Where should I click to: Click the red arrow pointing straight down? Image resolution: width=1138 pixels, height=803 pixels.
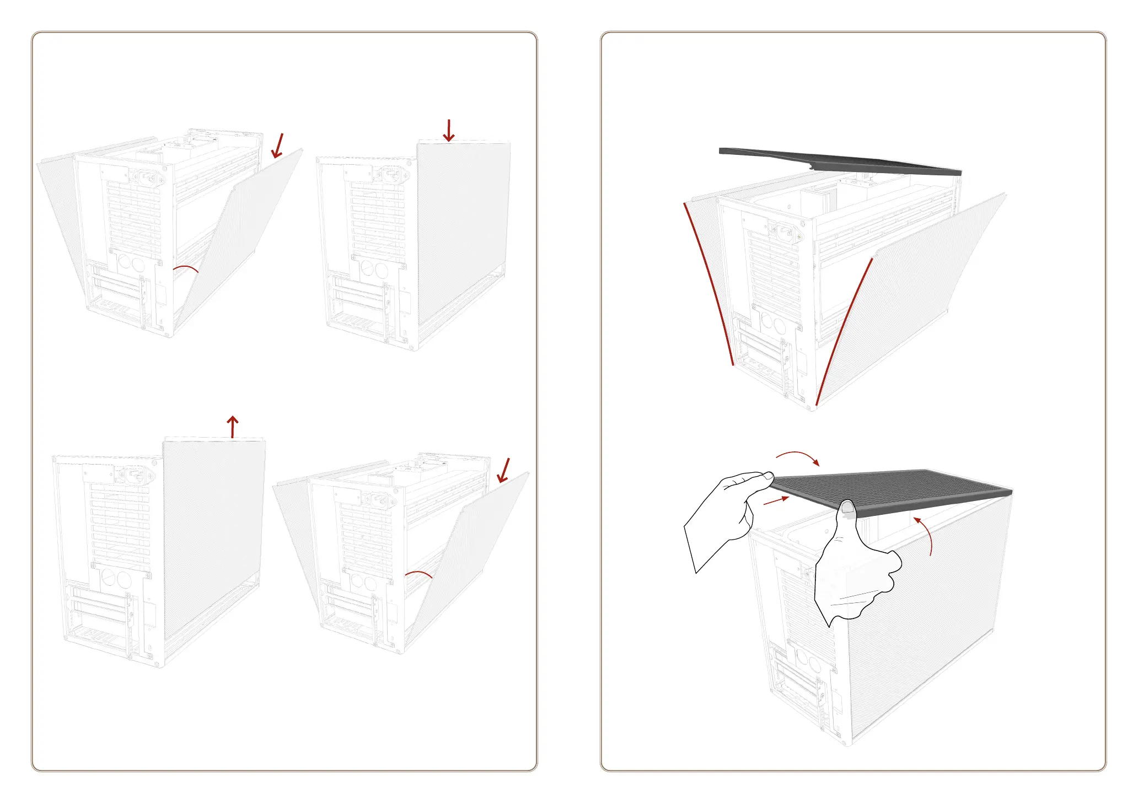tap(449, 131)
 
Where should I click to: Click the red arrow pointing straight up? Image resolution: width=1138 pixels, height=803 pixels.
tap(233, 427)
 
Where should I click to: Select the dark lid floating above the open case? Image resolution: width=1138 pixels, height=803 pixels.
tap(838, 161)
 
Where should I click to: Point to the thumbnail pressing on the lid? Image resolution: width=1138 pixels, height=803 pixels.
tap(847, 507)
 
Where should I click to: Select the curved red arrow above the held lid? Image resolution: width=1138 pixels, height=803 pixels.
tap(798, 457)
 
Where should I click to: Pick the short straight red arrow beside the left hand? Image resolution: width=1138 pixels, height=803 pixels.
tap(776, 500)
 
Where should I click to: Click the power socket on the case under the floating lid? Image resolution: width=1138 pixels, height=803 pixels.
tap(783, 231)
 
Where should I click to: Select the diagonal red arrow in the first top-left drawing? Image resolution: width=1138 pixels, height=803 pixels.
tap(278, 145)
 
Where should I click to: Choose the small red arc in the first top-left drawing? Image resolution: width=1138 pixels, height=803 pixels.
tap(186, 268)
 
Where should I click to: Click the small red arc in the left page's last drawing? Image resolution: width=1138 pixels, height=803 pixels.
tap(419, 574)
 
